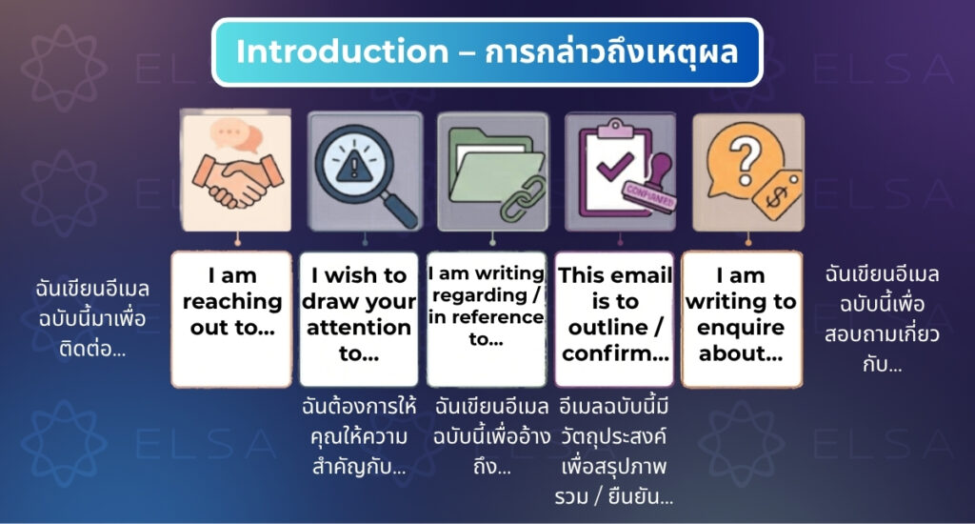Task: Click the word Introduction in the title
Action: pos(342,51)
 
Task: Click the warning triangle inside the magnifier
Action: pos(354,164)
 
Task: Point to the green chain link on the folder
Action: pos(524,199)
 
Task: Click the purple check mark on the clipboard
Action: pos(615,166)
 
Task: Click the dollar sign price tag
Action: pos(777,196)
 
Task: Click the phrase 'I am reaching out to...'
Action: pos(232,302)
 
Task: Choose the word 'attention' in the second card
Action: pos(359,328)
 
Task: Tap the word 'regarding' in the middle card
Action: pos(480,295)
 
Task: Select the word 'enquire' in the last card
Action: pos(741,328)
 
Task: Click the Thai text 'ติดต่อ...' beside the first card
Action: pos(92,349)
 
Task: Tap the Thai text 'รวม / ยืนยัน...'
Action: pos(614,497)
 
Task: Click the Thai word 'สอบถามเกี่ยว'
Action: pos(882,334)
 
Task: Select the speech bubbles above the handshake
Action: pos(236,135)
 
